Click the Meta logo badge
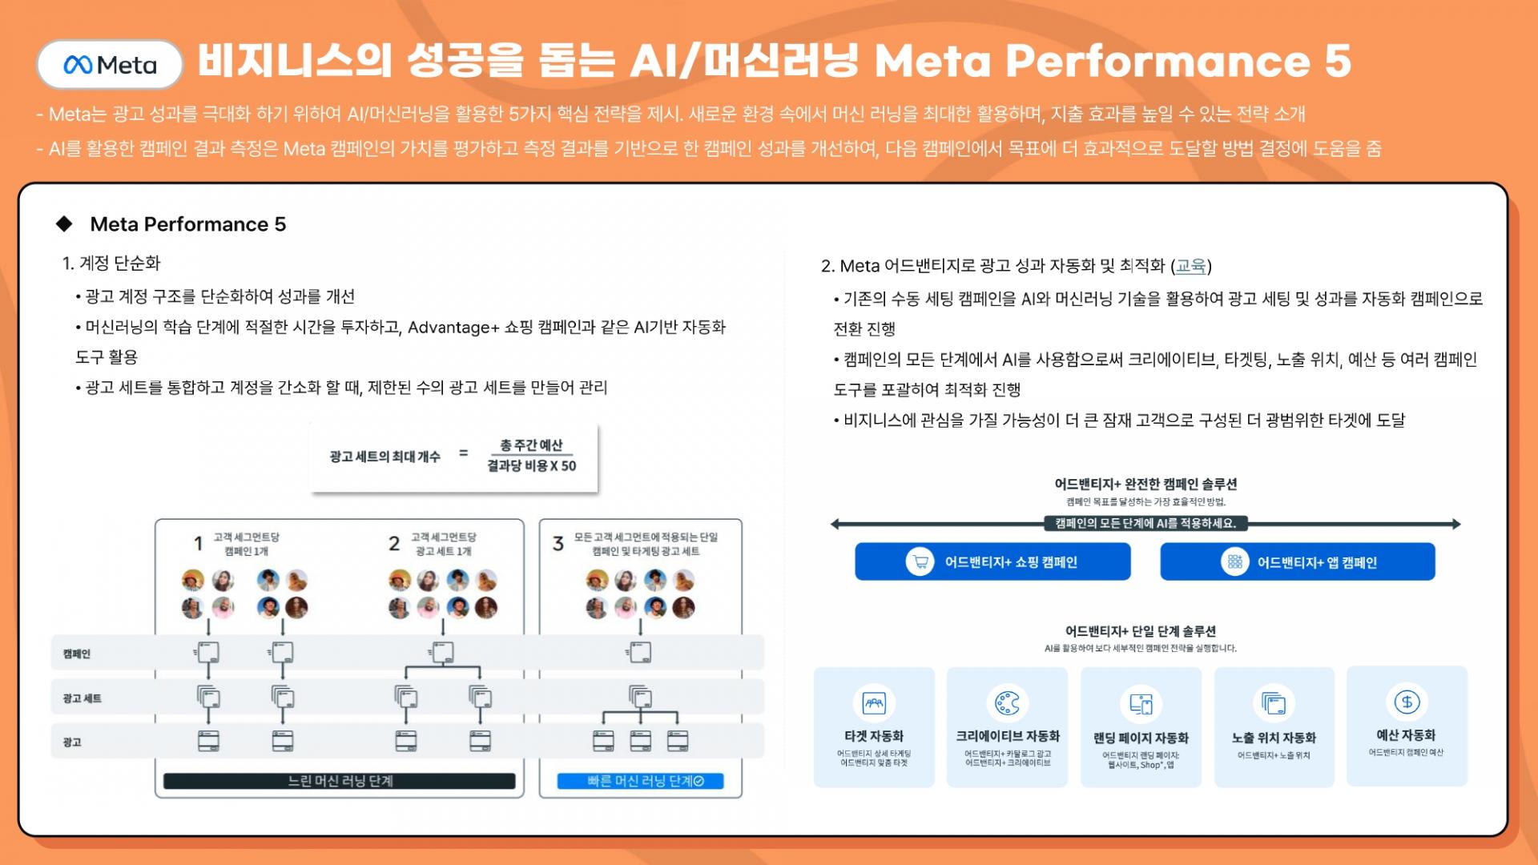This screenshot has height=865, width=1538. pyautogui.click(x=110, y=64)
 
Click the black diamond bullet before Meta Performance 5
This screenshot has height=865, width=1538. pyautogui.click(x=64, y=224)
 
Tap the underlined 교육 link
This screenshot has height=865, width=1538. pyautogui.click(x=1190, y=266)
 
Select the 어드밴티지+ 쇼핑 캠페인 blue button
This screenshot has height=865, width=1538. pyautogui.click(x=992, y=561)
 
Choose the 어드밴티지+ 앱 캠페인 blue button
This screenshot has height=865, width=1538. pyautogui.click(x=1297, y=561)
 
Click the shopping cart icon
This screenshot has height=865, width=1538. pyautogui.click(x=920, y=561)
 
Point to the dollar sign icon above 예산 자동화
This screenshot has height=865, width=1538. pyautogui.click(x=1407, y=702)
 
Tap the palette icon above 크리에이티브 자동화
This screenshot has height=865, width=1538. pyautogui.click(x=1007, y=703)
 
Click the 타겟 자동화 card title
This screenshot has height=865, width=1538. pyautogui.click(x=874, y=736)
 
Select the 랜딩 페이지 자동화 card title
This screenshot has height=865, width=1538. pyautogui.click(x=1141, y=738)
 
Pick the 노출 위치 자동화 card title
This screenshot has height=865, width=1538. pyautogui.click(x=1274, y=738)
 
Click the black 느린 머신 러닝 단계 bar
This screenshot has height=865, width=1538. pyautogui.click(x=340, y=781)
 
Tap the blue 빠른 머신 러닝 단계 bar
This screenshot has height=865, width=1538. pyautogui.click(x=641, y=781)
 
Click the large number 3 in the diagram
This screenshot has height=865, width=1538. pyautogui.click(x=558, y=544)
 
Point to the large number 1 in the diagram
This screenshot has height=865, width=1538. pyautogui.click(x=198, y=544)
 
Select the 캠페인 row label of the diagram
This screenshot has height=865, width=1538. pyautogui.click(x=77, y=654)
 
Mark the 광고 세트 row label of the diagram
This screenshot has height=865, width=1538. pyautogui.click(x=83, y=698)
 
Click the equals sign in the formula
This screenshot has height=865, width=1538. pyautogui.click(x=463, y=453)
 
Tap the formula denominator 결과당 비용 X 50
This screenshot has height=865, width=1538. pyautogui.click(x=531, y=466)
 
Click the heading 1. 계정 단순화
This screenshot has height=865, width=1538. pyautogui.click(x=111, y=264)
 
